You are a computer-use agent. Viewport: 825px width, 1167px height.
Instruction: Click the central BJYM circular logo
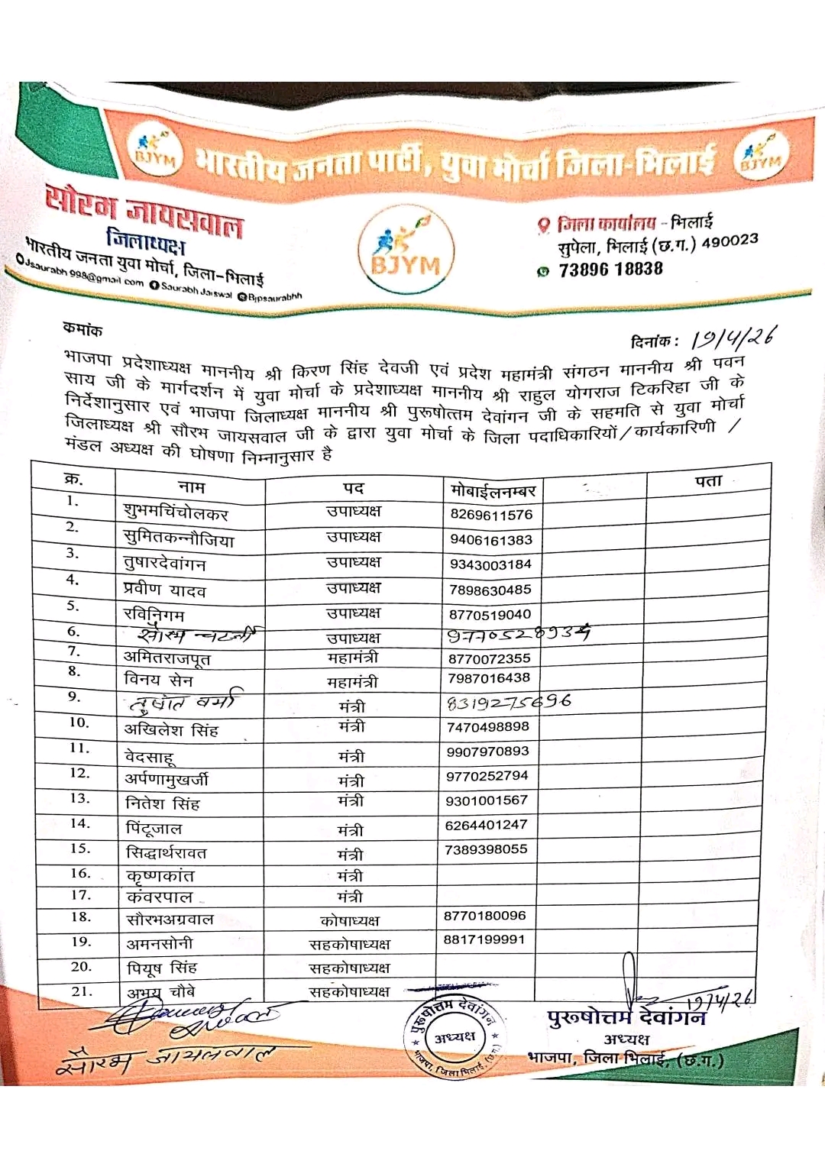click(406, 251)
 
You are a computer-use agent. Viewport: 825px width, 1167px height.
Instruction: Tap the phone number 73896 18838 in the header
click(610, 270)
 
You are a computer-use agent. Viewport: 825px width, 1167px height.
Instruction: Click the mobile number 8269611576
click(491, 515)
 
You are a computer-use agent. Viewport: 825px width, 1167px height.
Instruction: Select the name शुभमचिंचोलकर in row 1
click(176, 512)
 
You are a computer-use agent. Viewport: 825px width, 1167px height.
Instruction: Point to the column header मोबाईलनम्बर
click(493, 490)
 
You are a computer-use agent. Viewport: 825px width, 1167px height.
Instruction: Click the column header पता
click(707, 481)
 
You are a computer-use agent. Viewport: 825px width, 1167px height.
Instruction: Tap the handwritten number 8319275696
click(509, 702)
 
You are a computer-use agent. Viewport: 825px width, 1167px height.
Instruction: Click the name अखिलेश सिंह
click(171, 730)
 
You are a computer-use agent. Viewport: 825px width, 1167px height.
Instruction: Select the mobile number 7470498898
click(488, 727)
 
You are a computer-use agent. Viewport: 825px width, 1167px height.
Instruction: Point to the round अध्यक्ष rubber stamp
click(455, 1036)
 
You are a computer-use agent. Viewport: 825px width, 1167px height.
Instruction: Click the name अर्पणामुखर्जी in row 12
click(167, 779)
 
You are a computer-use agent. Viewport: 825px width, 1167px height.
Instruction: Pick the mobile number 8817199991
click(484, 939)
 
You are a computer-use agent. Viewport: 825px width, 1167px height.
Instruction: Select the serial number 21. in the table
click(82, 991)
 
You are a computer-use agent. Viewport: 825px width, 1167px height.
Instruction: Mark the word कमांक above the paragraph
click(82, 330)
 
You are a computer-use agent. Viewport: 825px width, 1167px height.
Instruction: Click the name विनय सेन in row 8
click(158, 680)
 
